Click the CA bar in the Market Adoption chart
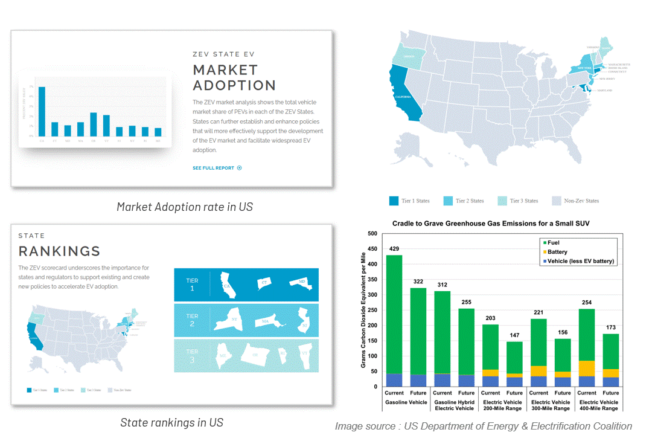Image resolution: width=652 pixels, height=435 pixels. tap(42, 112)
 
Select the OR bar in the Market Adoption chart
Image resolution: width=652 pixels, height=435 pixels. tap(94, 124)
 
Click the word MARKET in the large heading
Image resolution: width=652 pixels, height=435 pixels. tap(225, 70)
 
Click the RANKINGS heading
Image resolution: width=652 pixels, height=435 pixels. tap(59, 251)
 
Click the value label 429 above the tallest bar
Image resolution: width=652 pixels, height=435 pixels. tap(394, 249)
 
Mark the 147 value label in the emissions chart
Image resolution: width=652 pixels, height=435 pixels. tap(514, 335)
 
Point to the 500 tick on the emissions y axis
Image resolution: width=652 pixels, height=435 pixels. tap(372, 234)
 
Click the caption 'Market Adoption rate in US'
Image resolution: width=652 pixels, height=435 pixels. tap(185, 207)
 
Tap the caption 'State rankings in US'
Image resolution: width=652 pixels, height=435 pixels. tap(171, 422)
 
